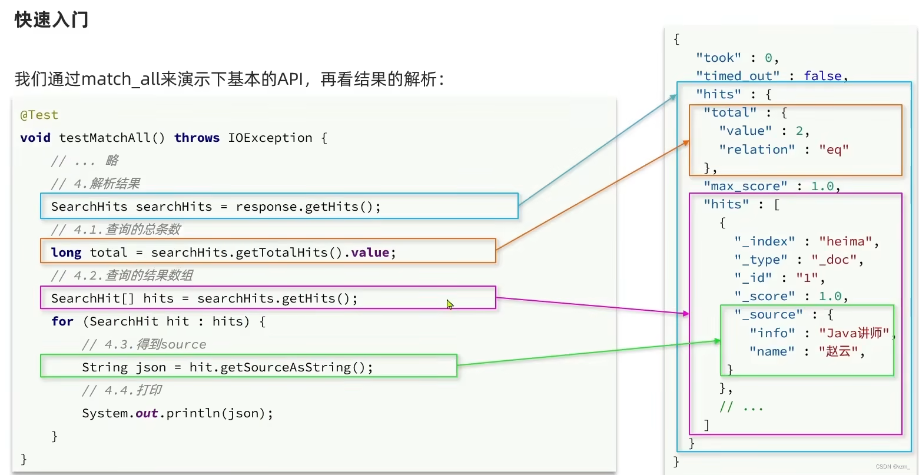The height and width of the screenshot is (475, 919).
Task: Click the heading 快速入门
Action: pos(51,19)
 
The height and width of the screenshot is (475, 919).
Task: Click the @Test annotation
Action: pos(39,115)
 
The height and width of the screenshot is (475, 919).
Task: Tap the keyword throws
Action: pos(197,138)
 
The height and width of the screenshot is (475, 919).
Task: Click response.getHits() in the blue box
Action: pos(307,207)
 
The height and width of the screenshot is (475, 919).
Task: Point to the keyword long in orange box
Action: pos(66,253)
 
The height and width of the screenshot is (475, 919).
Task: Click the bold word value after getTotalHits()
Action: pos(370,253)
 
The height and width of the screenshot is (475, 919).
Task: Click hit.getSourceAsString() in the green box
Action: pos(280,367)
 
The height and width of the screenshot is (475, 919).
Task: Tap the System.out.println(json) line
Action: pos(177,413)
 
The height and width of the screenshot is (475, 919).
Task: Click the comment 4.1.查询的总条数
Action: pos(115,230)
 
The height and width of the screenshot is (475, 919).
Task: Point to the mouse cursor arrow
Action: pos(449,304)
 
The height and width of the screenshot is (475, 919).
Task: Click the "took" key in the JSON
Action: pos(718,58)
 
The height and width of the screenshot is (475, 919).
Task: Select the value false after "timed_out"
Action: pos(822,76)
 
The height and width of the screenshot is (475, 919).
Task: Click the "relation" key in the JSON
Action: pos(757,150)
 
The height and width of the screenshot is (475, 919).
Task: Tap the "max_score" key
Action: pos(745,186)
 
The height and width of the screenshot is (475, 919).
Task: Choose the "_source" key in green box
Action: pos(768,315)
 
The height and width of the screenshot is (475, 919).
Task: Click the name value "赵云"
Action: pos(838,351)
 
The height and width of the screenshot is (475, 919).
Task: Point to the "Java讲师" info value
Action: pos(854,333)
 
